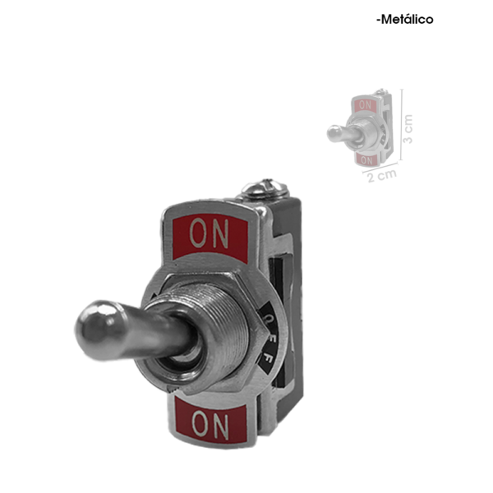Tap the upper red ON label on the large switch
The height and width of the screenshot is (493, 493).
210,234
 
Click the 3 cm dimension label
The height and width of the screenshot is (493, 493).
408,129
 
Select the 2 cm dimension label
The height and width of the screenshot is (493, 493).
382,176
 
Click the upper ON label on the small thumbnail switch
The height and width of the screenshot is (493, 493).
365,105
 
